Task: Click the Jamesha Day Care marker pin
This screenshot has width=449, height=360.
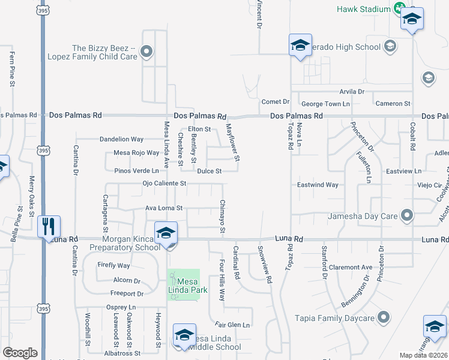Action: click(408, 214)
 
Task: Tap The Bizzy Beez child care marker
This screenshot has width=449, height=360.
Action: click(146, 52)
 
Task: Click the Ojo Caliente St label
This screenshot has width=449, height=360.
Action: click(165, 183)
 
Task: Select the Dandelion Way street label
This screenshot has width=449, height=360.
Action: click(121, 139)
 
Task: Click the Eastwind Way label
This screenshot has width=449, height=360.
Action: click(318, 185)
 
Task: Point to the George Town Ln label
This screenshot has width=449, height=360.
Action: click(325, 104)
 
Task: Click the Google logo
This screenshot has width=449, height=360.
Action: click(20, 353)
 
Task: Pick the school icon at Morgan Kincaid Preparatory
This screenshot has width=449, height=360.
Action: click(166, 232)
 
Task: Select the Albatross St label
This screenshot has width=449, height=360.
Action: click(122, 353)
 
